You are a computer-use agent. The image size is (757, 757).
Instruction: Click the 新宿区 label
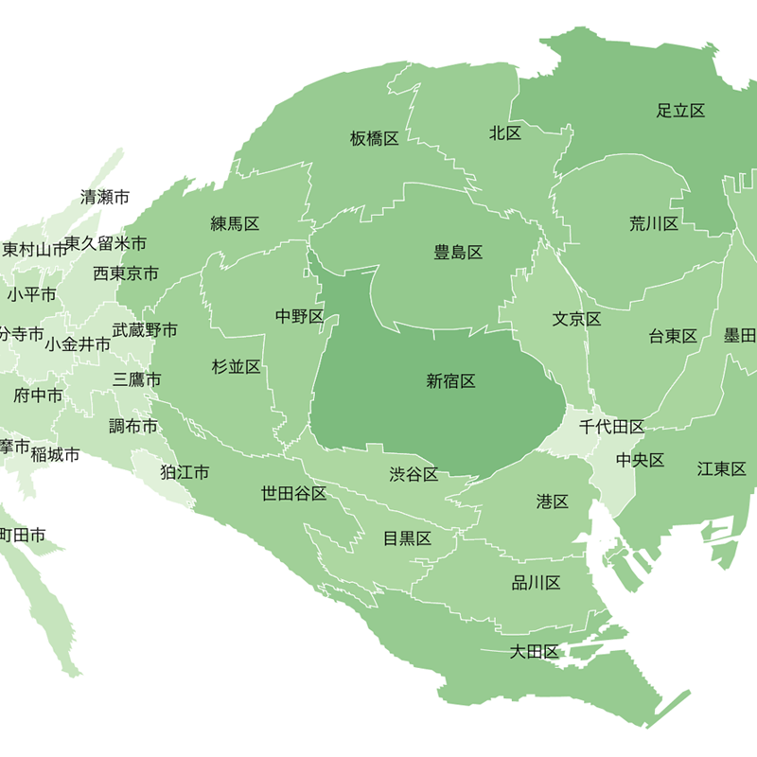[x=450, y=381]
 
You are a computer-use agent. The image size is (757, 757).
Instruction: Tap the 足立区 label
[x=681, y=111]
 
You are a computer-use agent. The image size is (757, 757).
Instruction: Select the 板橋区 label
[x=374, y=139]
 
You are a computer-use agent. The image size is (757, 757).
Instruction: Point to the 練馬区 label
[x=235, y=224]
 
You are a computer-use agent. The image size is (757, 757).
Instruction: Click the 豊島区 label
[x=458, y=253]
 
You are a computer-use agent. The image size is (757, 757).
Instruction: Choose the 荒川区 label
[x=654, y=224]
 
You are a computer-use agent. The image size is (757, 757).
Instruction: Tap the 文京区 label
[x=577, y=319]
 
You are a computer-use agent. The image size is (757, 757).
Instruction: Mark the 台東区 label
[x=673, y=336]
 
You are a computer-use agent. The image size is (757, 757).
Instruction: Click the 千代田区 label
[x=611, y=427]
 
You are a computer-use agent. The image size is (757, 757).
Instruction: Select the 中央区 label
[x=641, y=461]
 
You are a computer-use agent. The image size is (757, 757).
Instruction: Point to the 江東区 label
[x=722, y=468]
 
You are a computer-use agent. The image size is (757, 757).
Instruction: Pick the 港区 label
[x=553, y=502]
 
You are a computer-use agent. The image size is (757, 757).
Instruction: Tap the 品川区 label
[x=537, y=582]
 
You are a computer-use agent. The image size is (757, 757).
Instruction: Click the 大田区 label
[x=535, y=651]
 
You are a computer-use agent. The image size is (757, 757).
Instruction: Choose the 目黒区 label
[x=407, y=539]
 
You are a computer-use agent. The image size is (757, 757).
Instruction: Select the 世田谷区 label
[x=294, y=493]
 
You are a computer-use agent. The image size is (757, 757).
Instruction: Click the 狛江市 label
[x=185, y=472]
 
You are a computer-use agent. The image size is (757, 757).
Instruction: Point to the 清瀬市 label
[x=105, y=198]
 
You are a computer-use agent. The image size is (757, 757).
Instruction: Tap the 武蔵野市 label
[x=145, y=330]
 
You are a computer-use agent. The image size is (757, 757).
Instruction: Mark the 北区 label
[x=505, y=133]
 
